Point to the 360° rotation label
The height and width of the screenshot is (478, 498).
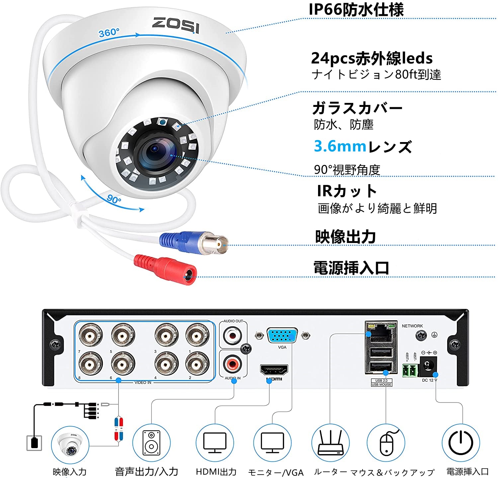[109, 33]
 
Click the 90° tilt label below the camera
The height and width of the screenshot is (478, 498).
[114, 199]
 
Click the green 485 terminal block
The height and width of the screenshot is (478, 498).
[410, 370]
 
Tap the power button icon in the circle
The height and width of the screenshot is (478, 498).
[460, 442]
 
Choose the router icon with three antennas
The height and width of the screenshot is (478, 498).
[330, 442]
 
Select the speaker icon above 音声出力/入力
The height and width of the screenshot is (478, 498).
[151, 443]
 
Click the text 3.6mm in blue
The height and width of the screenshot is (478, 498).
[340, 146]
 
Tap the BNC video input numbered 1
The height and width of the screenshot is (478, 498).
[197, 335]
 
